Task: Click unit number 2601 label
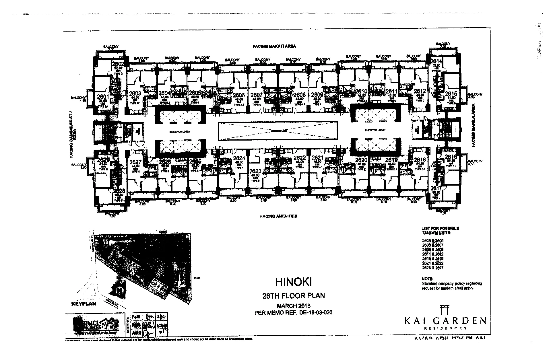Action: coord(103,97)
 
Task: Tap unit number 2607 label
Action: coord(256,95)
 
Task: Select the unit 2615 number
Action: coord(451,94)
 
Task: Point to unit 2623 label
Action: coord(255,172)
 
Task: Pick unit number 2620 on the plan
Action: coord(361,160)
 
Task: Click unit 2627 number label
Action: coord(135,162)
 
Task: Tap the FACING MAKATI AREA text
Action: coord(274,46)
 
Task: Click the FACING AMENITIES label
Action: coord(278,216)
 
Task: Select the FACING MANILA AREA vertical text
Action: coord(474,125)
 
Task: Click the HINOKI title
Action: coord(294,282)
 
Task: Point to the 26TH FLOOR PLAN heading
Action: coord(294,295)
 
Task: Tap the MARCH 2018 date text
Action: coord(294,306)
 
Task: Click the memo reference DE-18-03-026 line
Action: coord(294,312)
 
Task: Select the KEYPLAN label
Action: coord(84,303)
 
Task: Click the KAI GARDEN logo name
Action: coord(445,320)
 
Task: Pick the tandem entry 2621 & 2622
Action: coord(433,263)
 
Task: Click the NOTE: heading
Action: coord(428,279)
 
